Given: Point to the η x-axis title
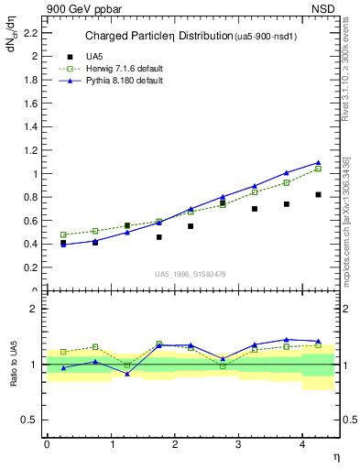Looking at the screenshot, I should click(335, 456).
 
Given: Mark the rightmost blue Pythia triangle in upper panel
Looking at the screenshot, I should click(318, 162).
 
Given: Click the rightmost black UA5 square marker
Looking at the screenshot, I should click(318, 194).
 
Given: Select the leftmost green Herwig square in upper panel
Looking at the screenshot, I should click(63, 234).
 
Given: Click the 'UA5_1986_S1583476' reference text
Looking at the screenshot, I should click(191, 274).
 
